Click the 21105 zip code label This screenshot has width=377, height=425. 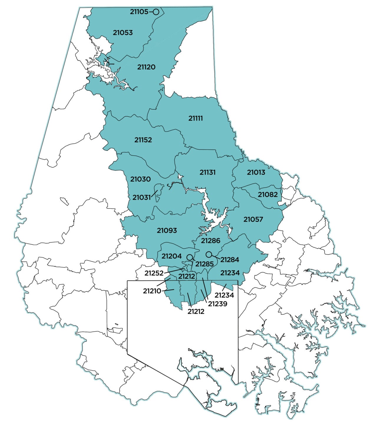139,12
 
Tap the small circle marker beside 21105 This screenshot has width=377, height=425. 156,12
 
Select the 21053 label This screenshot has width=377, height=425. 123,32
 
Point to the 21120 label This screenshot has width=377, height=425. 146,67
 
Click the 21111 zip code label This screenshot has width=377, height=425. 196,118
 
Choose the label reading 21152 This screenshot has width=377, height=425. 143,140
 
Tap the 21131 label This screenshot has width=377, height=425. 208,172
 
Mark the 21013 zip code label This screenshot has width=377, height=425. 256,172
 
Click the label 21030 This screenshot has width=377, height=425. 140,179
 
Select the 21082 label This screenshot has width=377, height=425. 268,195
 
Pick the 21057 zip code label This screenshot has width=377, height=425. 253,219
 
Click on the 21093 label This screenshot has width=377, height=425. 167,230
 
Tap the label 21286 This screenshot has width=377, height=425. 211,240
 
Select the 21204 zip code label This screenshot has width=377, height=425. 171,256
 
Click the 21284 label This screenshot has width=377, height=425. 230,260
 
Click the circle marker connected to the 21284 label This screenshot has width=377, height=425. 209,254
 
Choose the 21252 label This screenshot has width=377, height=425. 154,273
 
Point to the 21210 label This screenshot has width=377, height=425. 152,291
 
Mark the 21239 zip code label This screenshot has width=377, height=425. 218,304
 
